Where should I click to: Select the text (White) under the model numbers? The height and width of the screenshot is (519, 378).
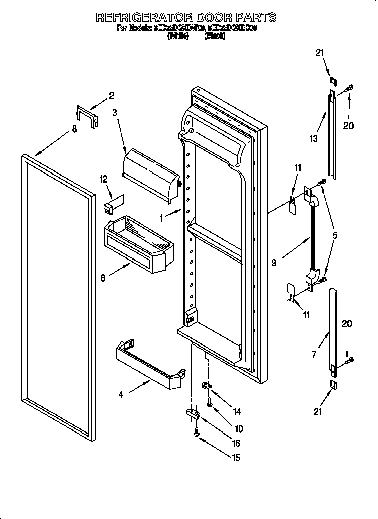(178, 36)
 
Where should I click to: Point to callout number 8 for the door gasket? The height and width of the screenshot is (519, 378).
(74, 129)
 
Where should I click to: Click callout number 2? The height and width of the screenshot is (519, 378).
(111, 95)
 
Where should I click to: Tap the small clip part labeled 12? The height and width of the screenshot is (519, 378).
(112, 203)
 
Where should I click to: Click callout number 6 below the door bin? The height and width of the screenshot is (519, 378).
(103, 277)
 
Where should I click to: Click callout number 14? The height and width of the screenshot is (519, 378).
(236, 411)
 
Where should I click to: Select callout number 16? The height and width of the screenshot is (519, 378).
(236, 443)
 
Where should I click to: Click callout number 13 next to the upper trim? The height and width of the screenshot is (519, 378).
(314, 139)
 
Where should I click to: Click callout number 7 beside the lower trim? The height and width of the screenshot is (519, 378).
(314, 355)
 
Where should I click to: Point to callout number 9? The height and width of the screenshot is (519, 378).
(274, 262)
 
